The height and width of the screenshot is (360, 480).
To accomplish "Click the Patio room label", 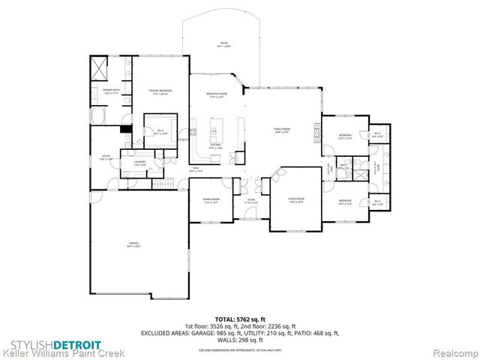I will pos(222,45).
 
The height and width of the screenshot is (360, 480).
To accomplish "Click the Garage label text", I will pos(134,245).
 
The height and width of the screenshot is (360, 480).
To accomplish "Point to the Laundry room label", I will pos(139,163).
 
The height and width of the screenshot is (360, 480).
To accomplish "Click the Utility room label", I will pos(106,157).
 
